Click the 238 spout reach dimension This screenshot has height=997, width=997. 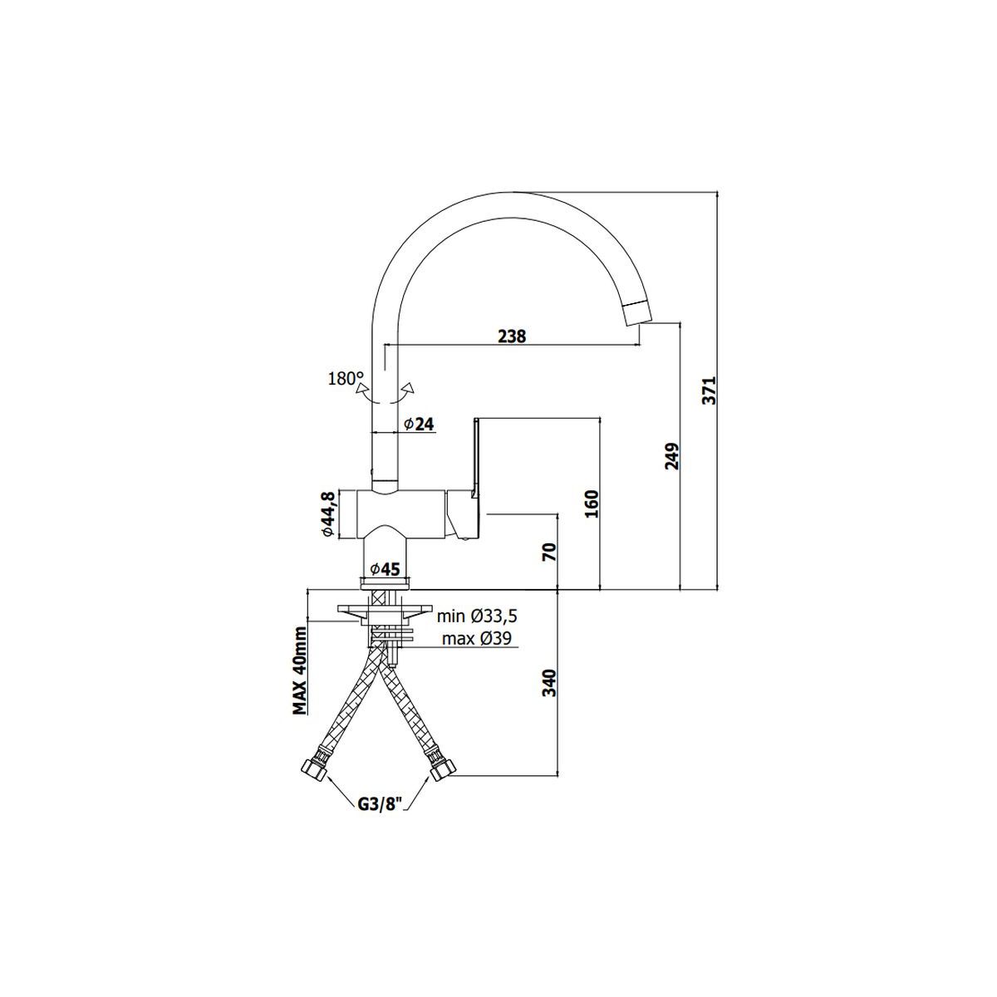coord(512,336)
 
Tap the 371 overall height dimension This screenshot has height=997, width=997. coord(710,390)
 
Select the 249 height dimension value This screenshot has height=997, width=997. coord(671,456)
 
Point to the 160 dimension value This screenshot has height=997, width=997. coord(592,503)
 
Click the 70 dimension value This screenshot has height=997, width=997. coord(550,552)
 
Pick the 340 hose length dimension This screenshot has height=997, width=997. coord(550,683)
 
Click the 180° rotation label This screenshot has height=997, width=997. coord(346,379)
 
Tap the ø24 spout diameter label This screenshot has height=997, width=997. coord(419,425)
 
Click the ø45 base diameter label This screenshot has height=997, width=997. coord(385,570)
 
